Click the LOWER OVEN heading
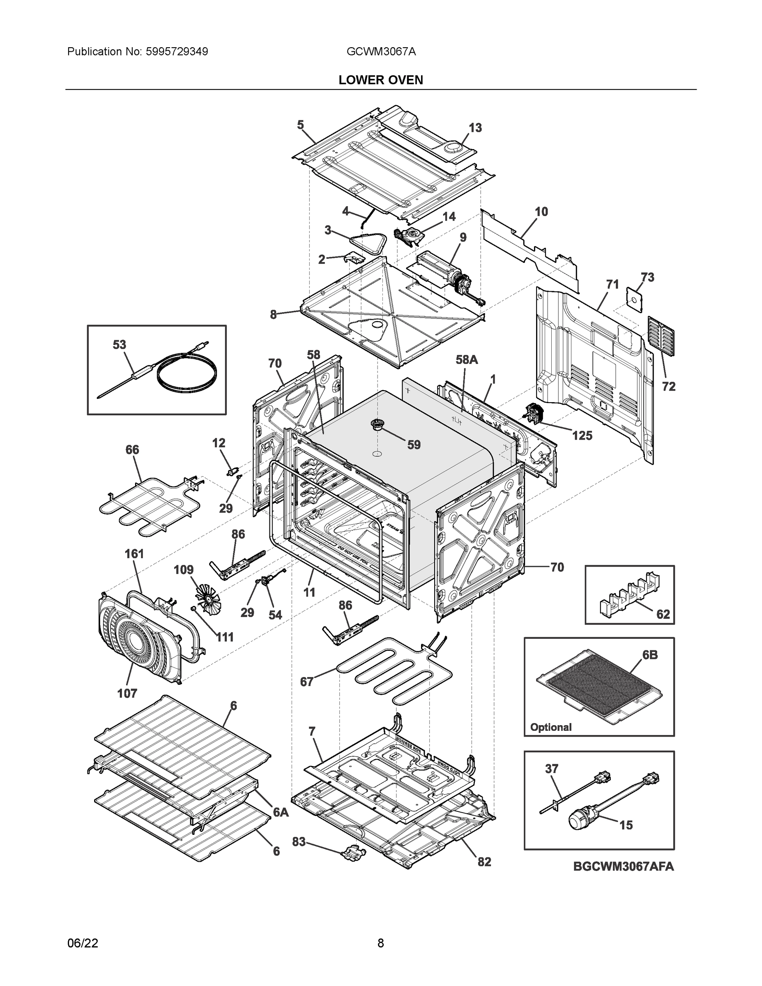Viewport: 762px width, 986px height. coord(380,80)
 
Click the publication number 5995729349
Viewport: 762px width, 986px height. coord(176,51)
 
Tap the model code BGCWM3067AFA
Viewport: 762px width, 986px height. coord(624,866)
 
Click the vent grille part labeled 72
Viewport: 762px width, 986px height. coord(661,336)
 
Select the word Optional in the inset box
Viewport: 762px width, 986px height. coord(550,727)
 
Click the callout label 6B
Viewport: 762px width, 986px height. coord(649,654)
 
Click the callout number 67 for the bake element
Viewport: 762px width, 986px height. coord(306,682)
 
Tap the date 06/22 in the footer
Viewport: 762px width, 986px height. coord(83,943)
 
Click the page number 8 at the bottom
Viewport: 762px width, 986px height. coord(380,943)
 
